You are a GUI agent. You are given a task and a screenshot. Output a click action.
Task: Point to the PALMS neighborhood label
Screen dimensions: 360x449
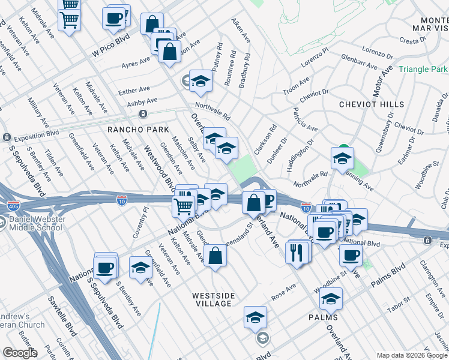tap(323, 317)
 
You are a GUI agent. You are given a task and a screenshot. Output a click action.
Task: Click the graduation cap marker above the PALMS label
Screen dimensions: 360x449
tap(331, 298)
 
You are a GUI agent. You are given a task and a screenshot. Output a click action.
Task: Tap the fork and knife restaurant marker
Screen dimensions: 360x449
tap(297, 252)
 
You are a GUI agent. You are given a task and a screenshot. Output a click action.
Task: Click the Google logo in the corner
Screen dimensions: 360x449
tap(19, 353)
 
